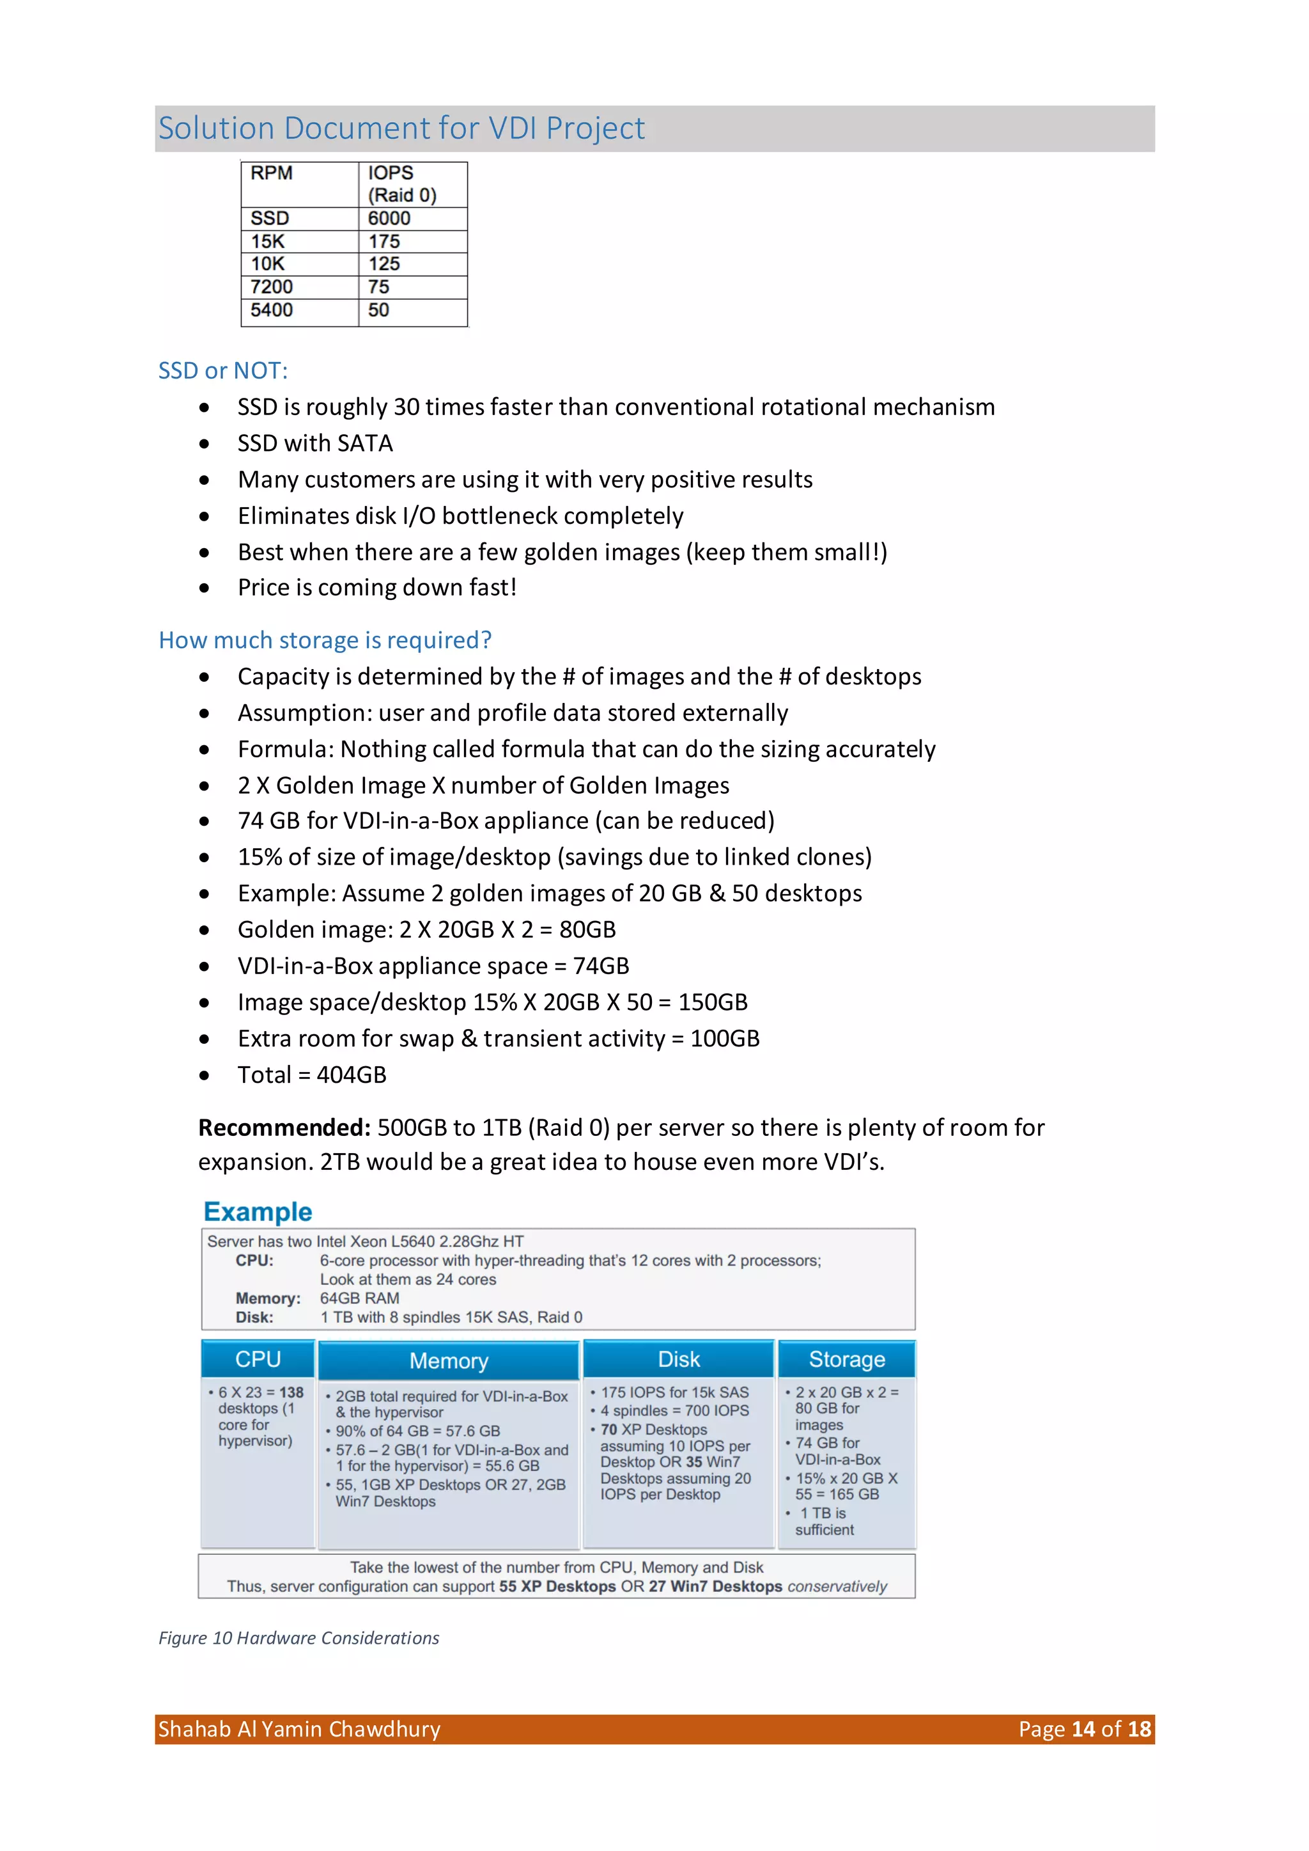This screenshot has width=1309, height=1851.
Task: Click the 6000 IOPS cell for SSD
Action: click(x=389, y=219)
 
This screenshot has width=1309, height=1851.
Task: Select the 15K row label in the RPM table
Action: click(x=268, y=241)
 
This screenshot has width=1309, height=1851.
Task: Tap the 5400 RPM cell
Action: click(x=272, y=310)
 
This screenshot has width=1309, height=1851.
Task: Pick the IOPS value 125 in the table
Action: click(x=385, y=264)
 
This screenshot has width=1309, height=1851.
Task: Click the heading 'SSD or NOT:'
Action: click(x=222, y=370)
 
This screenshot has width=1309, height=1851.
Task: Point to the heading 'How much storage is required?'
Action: click(x=325, y=640)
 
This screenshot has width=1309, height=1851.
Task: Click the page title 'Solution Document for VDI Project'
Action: click(x=401, y=128)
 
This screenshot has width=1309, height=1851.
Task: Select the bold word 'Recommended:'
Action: click(x=284, y=1127)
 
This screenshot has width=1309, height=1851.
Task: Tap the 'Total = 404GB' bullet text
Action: click(x=312, y=1075)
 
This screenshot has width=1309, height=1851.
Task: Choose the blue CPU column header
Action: click(x=258, y=1359)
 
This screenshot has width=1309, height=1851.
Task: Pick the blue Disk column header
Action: click(x=679, y=1359)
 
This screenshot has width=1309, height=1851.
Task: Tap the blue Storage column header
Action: click(x=846, y=1359)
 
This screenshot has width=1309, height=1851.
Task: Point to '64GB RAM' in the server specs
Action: click(x=359, y=1298)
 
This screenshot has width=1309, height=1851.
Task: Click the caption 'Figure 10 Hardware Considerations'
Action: click(x=299, y=1638)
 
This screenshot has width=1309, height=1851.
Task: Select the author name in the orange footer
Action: click(x=299, y=1729)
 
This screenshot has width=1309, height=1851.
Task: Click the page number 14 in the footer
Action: click(x=1083, y=1729)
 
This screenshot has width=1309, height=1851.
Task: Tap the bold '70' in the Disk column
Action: click(x=608, y=1429)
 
